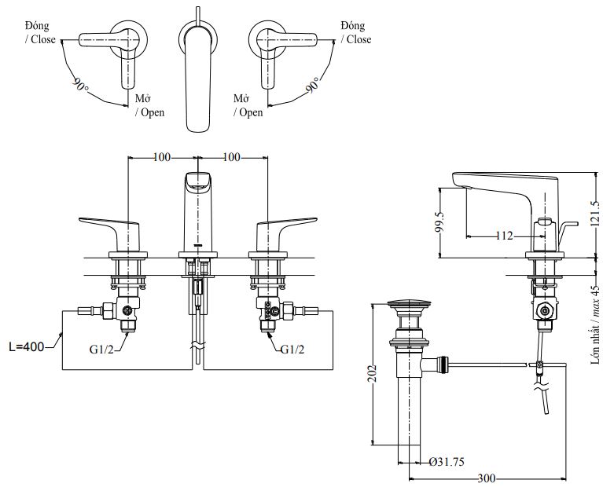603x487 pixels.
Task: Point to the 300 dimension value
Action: click(x=487, y=478)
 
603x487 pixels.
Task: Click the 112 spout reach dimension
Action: click(x=505, y=235)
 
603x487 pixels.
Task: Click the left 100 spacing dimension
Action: click(x=161, y=157)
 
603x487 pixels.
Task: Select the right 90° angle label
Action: click(x=314, y=84)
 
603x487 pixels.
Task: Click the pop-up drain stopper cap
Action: click(x=408, y=302)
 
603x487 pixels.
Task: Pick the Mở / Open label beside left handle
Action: click(x=148, y=105)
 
